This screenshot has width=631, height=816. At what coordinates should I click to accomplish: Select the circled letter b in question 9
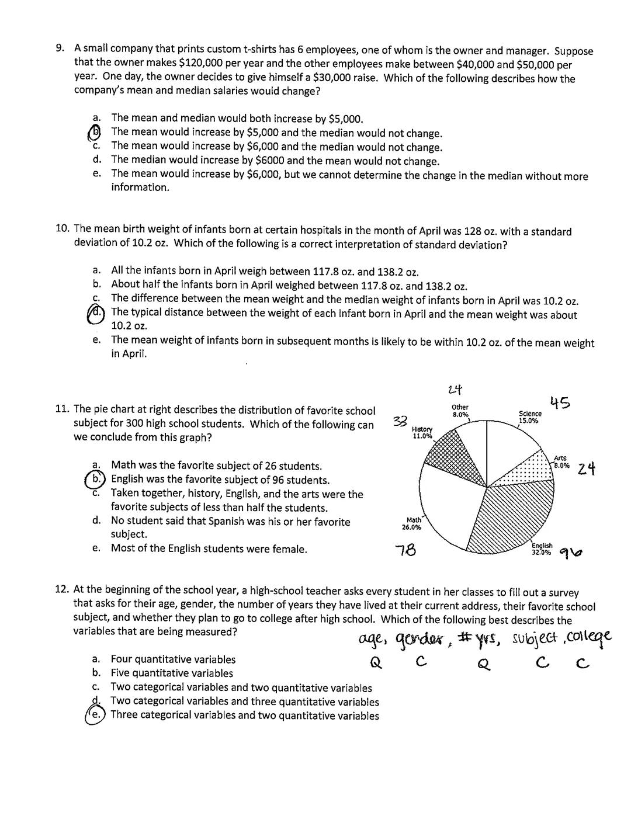[96, 133]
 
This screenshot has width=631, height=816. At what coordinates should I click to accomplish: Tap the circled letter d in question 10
[96, 314]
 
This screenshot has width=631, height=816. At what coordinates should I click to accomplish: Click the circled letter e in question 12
[96, 714]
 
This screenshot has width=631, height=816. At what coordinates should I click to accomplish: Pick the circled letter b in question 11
[96, 480]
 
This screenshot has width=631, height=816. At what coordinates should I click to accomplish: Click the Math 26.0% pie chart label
[412, 523]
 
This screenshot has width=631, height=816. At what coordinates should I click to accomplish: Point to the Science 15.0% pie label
[529, 417]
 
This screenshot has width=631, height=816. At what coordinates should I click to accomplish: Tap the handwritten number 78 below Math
[405, 550]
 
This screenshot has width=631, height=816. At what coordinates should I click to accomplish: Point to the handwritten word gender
[419, 638]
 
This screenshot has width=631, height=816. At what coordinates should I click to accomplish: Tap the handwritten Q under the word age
[376, 662]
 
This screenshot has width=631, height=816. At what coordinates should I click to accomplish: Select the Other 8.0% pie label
[460, 411]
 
